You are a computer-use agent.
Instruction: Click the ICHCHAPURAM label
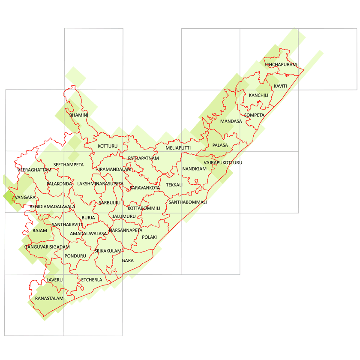tap(281, 65)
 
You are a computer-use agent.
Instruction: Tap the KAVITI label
tap(280, 86)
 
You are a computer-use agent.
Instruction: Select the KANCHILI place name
tap(258, 95)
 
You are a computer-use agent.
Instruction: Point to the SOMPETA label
tap(254, 115)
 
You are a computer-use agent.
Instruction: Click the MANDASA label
tap(231, 121)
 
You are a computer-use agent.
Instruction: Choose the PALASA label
tap(220, 145)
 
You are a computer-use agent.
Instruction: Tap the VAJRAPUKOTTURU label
tap(223, 163)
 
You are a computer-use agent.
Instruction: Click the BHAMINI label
tap(78, 115)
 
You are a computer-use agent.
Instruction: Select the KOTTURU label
tap(108, 146)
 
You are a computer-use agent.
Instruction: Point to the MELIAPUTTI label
tap(178, 148)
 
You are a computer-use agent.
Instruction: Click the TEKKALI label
tap(174, 185)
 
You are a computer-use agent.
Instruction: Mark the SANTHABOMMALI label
tap(188, 202)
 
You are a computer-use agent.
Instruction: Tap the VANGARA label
tap(25, 197)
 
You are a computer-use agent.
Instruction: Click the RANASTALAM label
tap(49, 298)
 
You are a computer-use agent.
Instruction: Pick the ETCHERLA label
tap(92, 280)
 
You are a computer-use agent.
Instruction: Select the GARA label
tap(128, 260)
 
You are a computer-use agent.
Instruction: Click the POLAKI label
tap(150, 237)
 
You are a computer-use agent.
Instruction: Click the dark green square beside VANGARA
tap(9, 197)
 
